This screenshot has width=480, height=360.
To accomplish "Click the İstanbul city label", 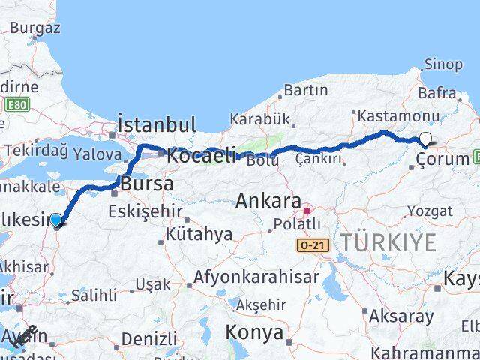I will click(157, 124).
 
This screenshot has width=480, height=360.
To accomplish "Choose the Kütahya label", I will click(200, 235).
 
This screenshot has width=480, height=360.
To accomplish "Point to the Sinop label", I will click(443, 64).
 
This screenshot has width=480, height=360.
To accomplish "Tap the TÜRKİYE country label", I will click(388, 242).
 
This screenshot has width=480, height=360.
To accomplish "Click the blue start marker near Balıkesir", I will click(56, 219).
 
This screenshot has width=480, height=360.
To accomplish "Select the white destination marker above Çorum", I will click(426, 139).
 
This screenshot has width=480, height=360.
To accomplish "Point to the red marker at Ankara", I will click(307, 202).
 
